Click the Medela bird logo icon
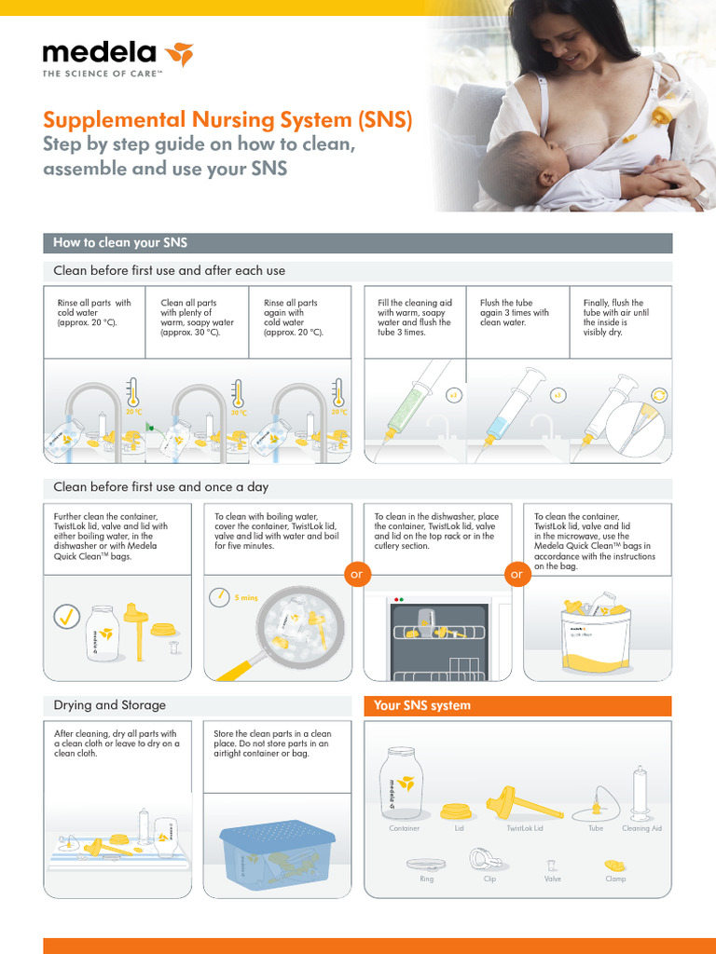pyautogui.click(x=178, y=55)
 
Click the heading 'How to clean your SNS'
pyautogui.click(x=120, y=243)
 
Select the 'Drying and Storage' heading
pyautogui.click(x=110, y=705)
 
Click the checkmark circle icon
pyautogui.click(x=66, y=617)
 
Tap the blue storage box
pyautogui.click(x=277, y=854)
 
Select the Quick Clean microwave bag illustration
pyautogui.click(x=596, y=635)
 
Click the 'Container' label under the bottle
pyautogui.click(x=404, y=828)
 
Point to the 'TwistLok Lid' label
pyautogui.click(x=524, y=828)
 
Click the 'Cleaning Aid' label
pyautogui.click(x=641, y=828)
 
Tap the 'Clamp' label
pyautogui.click(x=615, y=879)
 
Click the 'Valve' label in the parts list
pyautogui.click(x=552, y=879)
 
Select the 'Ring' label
pyautogui.click(x=427, y=879)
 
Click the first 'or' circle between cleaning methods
pyautogui.click(x=354, y=575)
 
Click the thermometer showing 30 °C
pyautogui.click(x=238, y=395)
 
